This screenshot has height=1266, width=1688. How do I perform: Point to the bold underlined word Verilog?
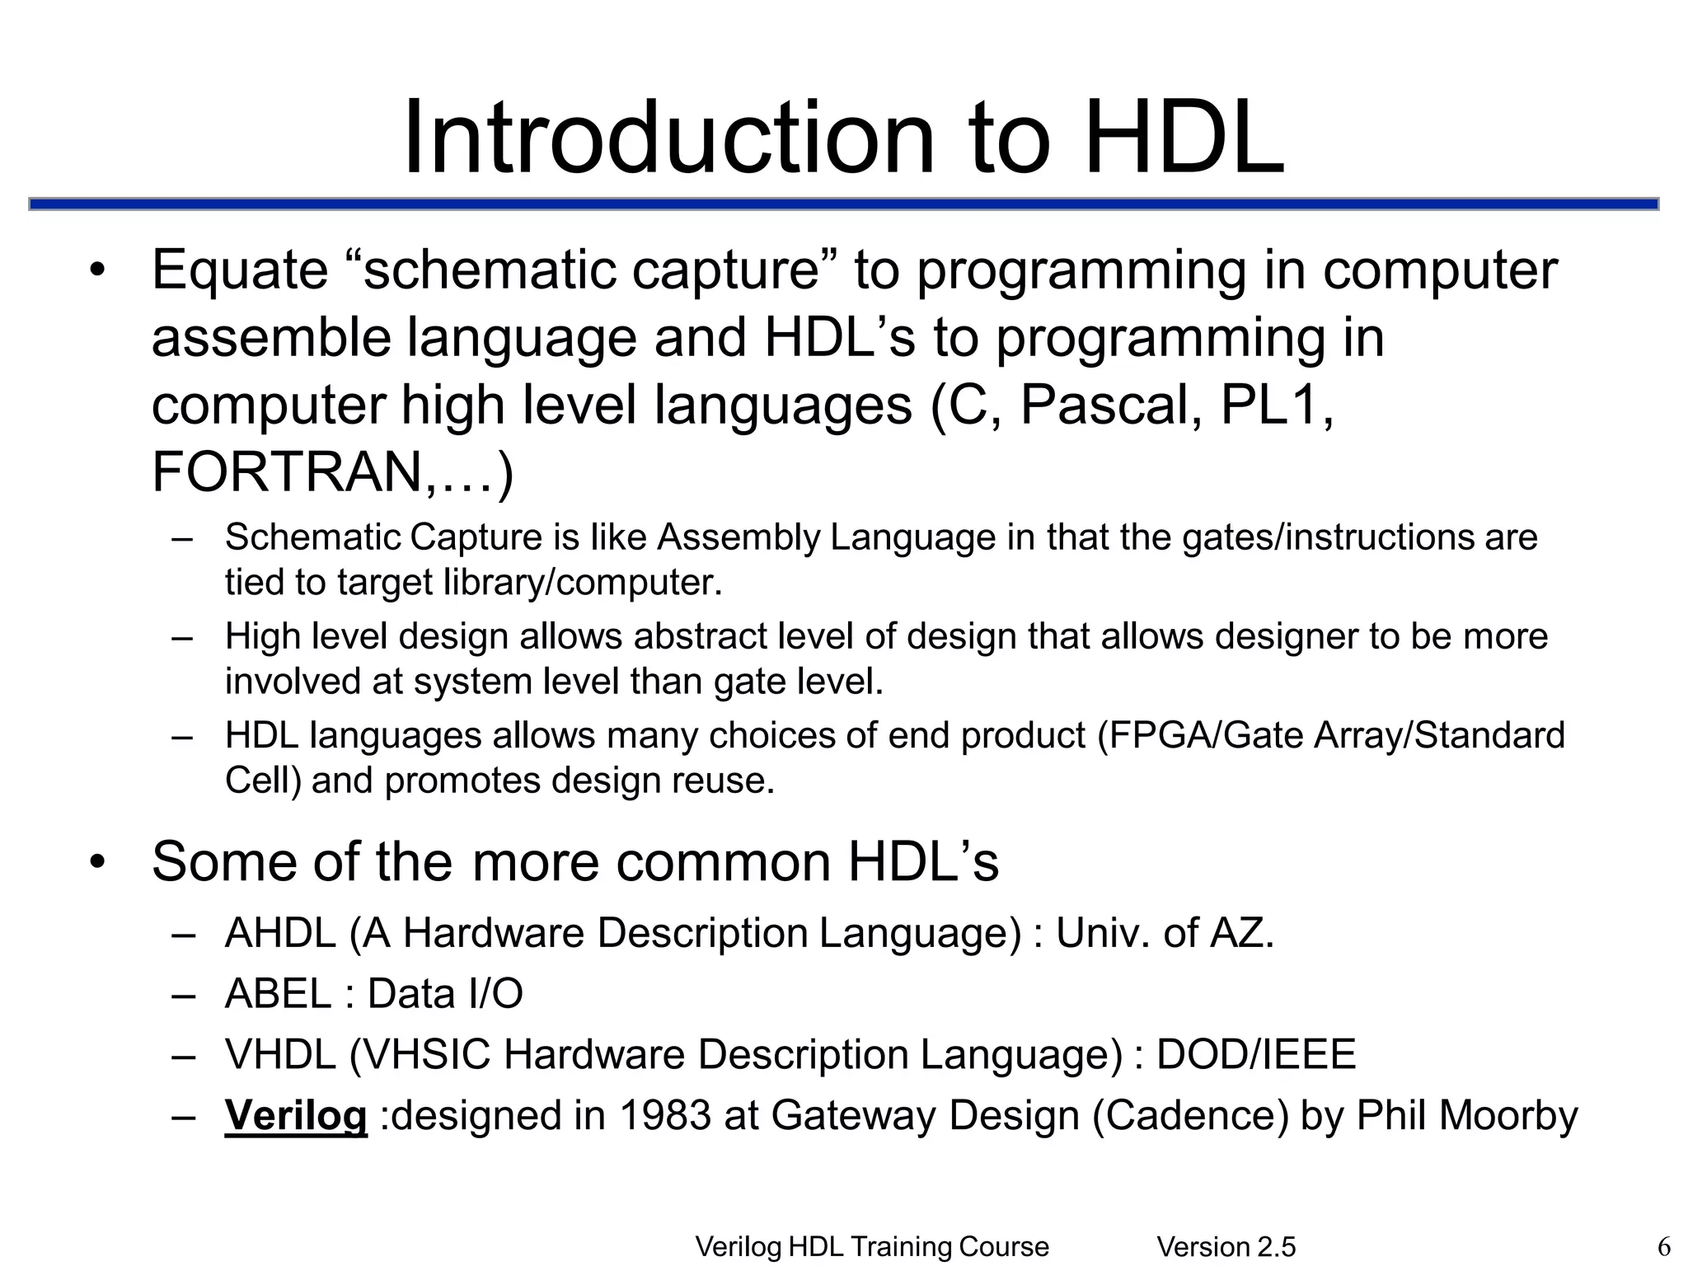pos(296,1115)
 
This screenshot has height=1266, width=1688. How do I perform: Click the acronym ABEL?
pos(278,993)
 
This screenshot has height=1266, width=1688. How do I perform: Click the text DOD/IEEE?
pos(1256,1054)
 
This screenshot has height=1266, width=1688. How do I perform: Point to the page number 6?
pos(1664,1246)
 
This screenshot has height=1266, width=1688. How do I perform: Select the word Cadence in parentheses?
pos(1191,1115)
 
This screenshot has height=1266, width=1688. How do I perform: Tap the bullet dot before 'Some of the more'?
pos(99,862)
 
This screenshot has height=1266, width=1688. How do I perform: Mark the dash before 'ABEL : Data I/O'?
pos(183,995)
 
